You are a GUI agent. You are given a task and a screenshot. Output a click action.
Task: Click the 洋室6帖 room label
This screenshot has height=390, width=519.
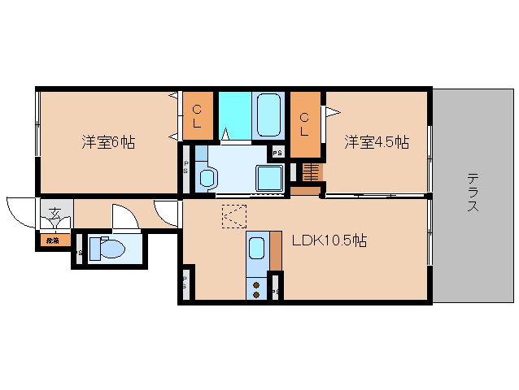(107, 142)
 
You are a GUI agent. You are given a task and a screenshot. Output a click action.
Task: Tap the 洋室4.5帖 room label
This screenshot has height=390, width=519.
(376, 142)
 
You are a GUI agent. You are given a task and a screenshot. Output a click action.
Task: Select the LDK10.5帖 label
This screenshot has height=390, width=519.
(329, 240)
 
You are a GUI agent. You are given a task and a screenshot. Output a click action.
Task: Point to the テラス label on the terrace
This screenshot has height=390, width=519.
(473, 193)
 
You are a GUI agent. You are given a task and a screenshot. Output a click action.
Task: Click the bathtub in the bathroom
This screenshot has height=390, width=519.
(268, 115)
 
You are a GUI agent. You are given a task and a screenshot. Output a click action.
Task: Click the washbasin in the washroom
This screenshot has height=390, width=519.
(207, 177)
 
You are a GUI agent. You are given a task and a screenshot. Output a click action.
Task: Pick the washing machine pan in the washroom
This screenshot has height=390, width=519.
(268, 177)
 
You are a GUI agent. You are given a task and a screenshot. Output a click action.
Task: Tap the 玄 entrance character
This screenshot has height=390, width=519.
(55, 214)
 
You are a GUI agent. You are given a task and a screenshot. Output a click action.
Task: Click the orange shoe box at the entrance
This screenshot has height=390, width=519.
(53, 240)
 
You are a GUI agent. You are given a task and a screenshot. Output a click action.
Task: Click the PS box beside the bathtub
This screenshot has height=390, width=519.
(277, 152)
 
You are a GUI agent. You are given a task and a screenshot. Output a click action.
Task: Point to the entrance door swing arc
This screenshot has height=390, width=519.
(18, 210)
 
